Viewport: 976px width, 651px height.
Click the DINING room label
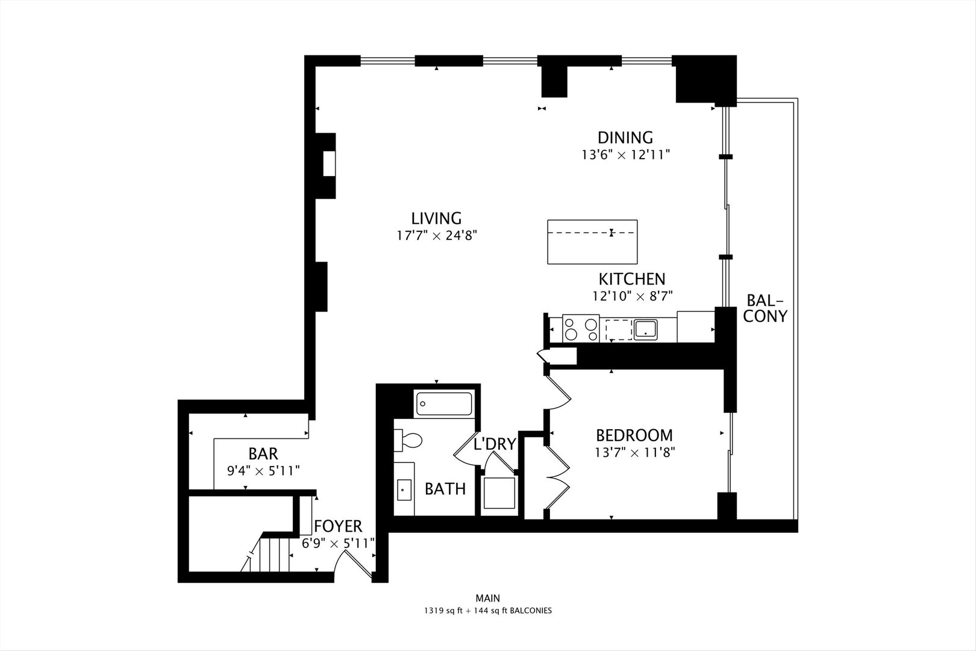[625, 137]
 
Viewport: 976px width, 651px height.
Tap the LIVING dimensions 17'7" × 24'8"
[436, 236]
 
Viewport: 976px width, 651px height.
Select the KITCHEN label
[631, 279]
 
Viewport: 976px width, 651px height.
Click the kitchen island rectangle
[592, 242]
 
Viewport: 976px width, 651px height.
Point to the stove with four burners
[581, 329]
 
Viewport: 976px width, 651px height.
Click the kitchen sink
[645, 329]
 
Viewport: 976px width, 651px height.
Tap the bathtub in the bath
[445, 404]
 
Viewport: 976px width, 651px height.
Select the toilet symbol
[408, 440]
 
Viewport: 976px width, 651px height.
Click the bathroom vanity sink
[404, 489]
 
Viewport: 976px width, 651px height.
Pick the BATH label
[445, 489]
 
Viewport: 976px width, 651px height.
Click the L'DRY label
[495, 444]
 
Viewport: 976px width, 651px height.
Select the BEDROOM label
[634, 435]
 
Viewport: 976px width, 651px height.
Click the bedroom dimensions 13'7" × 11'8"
[634, 453]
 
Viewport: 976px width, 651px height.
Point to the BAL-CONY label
[765, 308]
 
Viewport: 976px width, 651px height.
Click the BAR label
[263, 453]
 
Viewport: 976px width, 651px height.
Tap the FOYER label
[338, 526]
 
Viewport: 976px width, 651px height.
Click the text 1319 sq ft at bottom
[442, 611]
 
